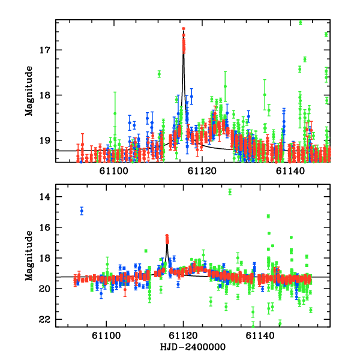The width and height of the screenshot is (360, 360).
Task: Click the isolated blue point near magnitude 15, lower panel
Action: (x=82, y=211)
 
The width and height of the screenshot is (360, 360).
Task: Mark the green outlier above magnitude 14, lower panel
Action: (x=230, y=192)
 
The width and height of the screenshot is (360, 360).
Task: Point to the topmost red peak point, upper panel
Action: (x=184, y=29)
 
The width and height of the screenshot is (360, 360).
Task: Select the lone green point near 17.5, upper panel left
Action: (x=159, y=74)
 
